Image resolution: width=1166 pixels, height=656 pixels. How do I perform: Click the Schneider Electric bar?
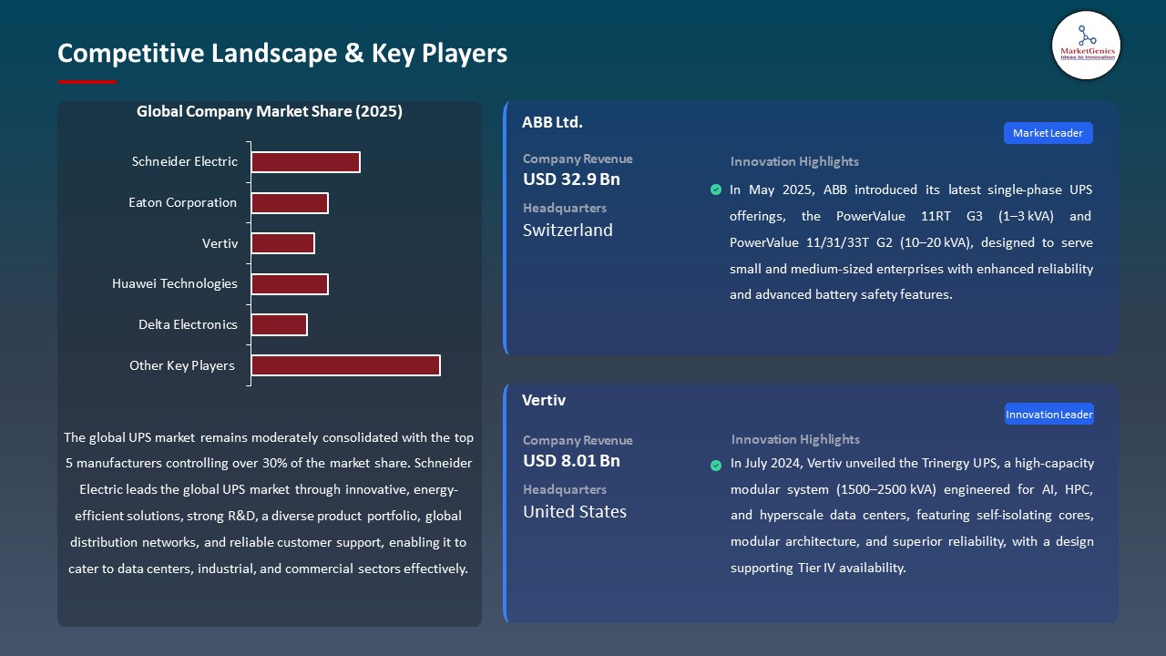pyautogui.click(x=305, y=162)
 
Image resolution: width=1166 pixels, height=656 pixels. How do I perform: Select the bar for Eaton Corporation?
pyautogui.click(x=289, y=203)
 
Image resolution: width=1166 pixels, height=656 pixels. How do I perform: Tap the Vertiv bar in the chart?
pyautogui.click(x=282, y=243)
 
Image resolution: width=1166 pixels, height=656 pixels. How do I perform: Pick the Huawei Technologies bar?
pyautogui.click(x=289, y=284)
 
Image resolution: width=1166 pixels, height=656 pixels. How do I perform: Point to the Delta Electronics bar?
pyautogui.click(x=279, y=325)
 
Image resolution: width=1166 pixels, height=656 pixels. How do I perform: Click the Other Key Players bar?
pyautogui.click(x=345, y=365)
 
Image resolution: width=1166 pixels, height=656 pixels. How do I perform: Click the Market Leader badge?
pyautogui.click(x=1048, y=133)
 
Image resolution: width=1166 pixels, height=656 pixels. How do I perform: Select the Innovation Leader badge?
pyautogui.click(x=1048, y=415)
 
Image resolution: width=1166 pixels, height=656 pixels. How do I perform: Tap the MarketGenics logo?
pyautogui.click(x=1086, y=45)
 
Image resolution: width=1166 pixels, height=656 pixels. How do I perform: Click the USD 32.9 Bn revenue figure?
pyautogui.click(x=571, y=179)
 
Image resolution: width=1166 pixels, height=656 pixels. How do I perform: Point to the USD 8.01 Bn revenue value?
pyautogui.click(x=571, y=461)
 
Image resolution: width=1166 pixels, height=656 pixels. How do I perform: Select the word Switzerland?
pyautogui.click(x=568, y=231)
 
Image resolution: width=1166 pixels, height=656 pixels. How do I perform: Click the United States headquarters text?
pyautogui.click(x=575, y=512)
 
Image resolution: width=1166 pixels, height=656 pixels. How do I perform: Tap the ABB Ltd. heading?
pyautogui.click(x=552, y=122)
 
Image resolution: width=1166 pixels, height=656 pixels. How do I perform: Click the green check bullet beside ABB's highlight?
pyautogui.click(x=715, y=190)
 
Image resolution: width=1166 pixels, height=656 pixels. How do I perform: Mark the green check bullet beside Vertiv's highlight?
pyautogui.click(x=716, y=465)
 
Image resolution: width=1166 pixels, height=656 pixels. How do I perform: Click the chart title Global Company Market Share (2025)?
pyautogui.click(x=270, y=112)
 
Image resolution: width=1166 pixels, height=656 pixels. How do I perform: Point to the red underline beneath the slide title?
pyautogui.click(x=87, y=82)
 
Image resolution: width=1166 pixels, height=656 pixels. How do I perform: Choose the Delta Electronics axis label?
pyautogui.click(x=188, y=325)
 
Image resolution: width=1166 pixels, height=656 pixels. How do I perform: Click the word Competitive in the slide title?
pyautogui.click(x=131, y=53)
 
